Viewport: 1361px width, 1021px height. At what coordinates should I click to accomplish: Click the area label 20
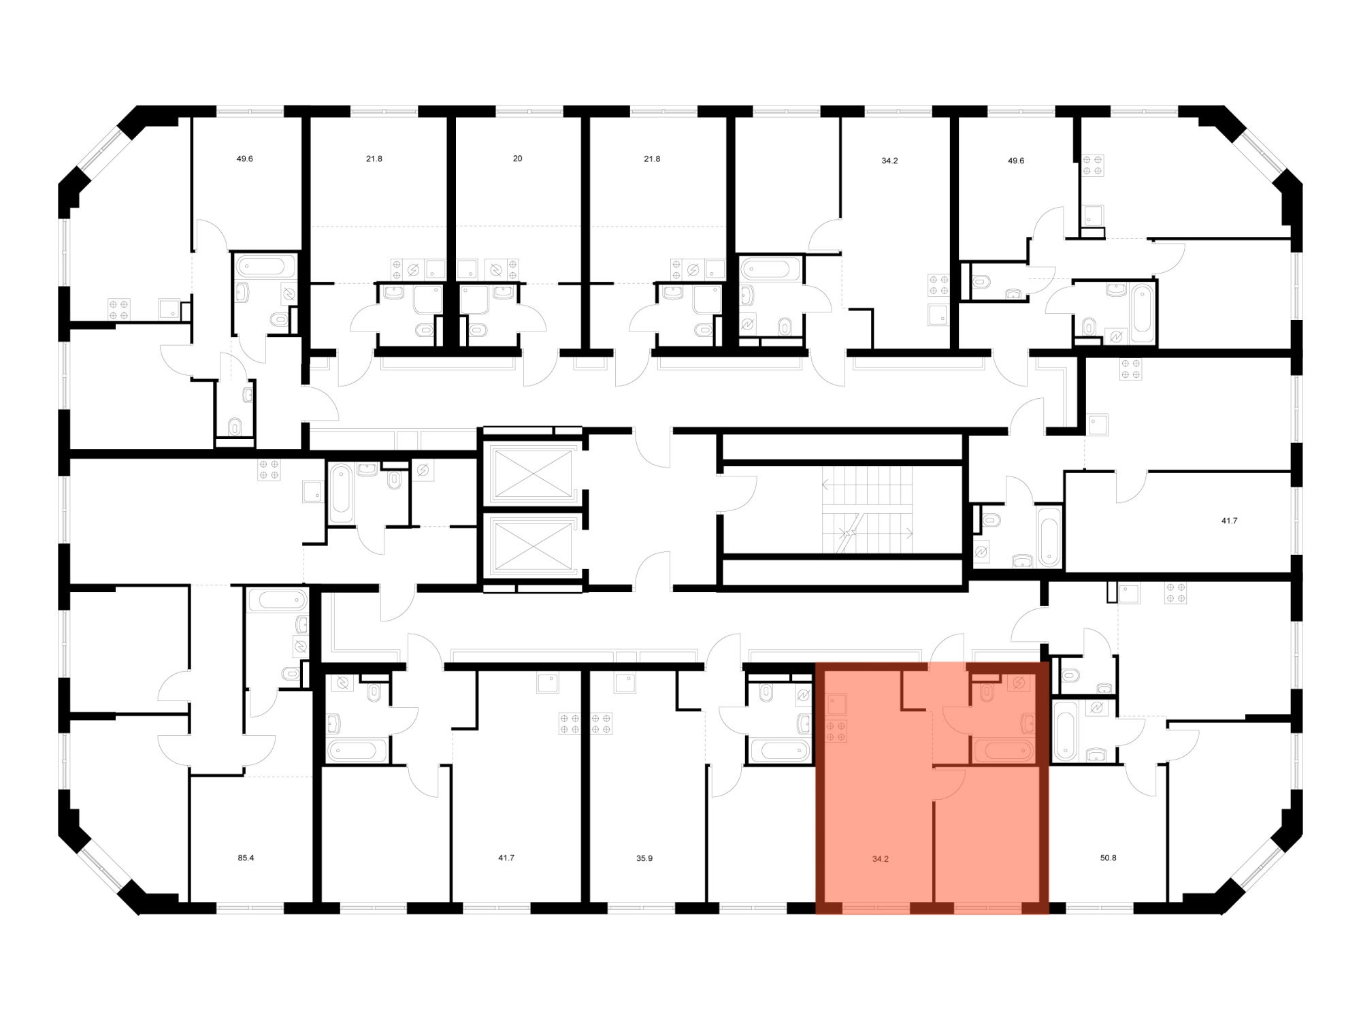517,159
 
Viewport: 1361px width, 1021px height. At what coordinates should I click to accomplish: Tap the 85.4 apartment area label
246,858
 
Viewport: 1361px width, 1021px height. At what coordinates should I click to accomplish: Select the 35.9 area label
644,858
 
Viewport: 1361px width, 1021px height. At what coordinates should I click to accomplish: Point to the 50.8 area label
1108,858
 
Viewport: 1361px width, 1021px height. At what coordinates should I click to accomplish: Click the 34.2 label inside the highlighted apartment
881,859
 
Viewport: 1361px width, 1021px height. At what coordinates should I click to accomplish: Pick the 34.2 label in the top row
889,161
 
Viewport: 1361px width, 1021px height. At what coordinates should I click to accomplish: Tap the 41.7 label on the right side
1229,521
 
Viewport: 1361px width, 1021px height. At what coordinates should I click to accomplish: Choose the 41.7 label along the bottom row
506,858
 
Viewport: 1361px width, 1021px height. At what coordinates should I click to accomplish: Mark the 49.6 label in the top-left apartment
245,159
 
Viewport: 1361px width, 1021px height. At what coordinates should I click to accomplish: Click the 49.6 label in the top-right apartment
1015,161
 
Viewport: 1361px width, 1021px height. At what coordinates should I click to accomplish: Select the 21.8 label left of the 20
374,159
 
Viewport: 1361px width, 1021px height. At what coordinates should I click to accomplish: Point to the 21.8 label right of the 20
652,159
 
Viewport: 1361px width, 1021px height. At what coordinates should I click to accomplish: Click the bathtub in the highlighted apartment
1004,751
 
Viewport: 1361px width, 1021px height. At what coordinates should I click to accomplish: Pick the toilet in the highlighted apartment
987,692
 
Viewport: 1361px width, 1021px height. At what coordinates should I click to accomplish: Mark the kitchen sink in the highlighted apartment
837,703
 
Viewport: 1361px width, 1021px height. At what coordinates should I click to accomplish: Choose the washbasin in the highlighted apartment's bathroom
1028,722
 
